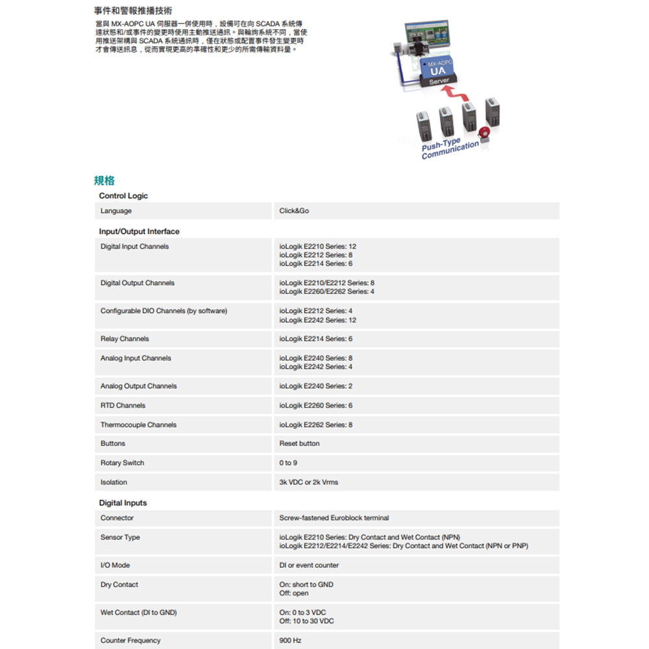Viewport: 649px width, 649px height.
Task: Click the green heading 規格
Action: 104,180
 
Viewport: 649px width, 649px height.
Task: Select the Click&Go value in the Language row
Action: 294,211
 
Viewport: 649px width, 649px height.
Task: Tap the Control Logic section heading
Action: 123,196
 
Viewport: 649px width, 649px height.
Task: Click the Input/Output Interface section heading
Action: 139,232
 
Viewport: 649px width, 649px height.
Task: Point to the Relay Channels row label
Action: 125,339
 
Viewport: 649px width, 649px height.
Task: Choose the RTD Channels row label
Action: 123,406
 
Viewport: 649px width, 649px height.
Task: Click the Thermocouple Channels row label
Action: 138,425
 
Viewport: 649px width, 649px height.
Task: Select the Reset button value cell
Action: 299,444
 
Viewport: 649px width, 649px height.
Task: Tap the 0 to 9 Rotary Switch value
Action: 288,463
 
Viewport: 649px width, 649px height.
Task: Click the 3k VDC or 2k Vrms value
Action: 308,483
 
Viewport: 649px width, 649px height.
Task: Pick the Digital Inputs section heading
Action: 123,503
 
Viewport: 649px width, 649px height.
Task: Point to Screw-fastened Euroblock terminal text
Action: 334,518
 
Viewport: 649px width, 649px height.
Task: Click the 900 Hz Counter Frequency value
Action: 290,641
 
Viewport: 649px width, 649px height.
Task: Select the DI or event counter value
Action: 309,565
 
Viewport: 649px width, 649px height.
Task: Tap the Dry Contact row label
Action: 119,585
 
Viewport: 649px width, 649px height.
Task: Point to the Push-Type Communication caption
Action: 449,149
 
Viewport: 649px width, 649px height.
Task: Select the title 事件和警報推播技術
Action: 133,11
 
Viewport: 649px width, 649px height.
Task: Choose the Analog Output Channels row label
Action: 138,386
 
